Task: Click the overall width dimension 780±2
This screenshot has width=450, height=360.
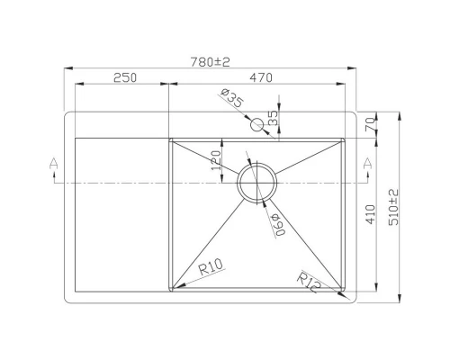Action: pos(211,62)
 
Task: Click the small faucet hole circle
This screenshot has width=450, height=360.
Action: pos(257,124)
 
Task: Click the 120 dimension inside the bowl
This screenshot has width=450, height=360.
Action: pos(217,160)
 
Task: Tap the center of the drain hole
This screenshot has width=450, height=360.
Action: pos(257,182)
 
